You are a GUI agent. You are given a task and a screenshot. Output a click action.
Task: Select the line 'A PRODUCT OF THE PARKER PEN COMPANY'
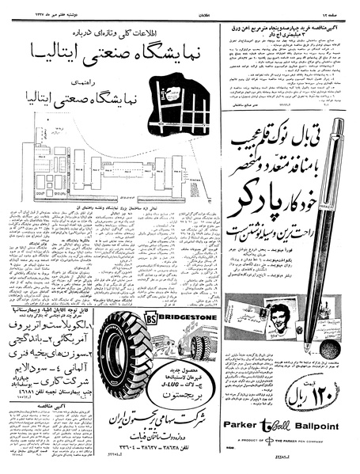[286, 452]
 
